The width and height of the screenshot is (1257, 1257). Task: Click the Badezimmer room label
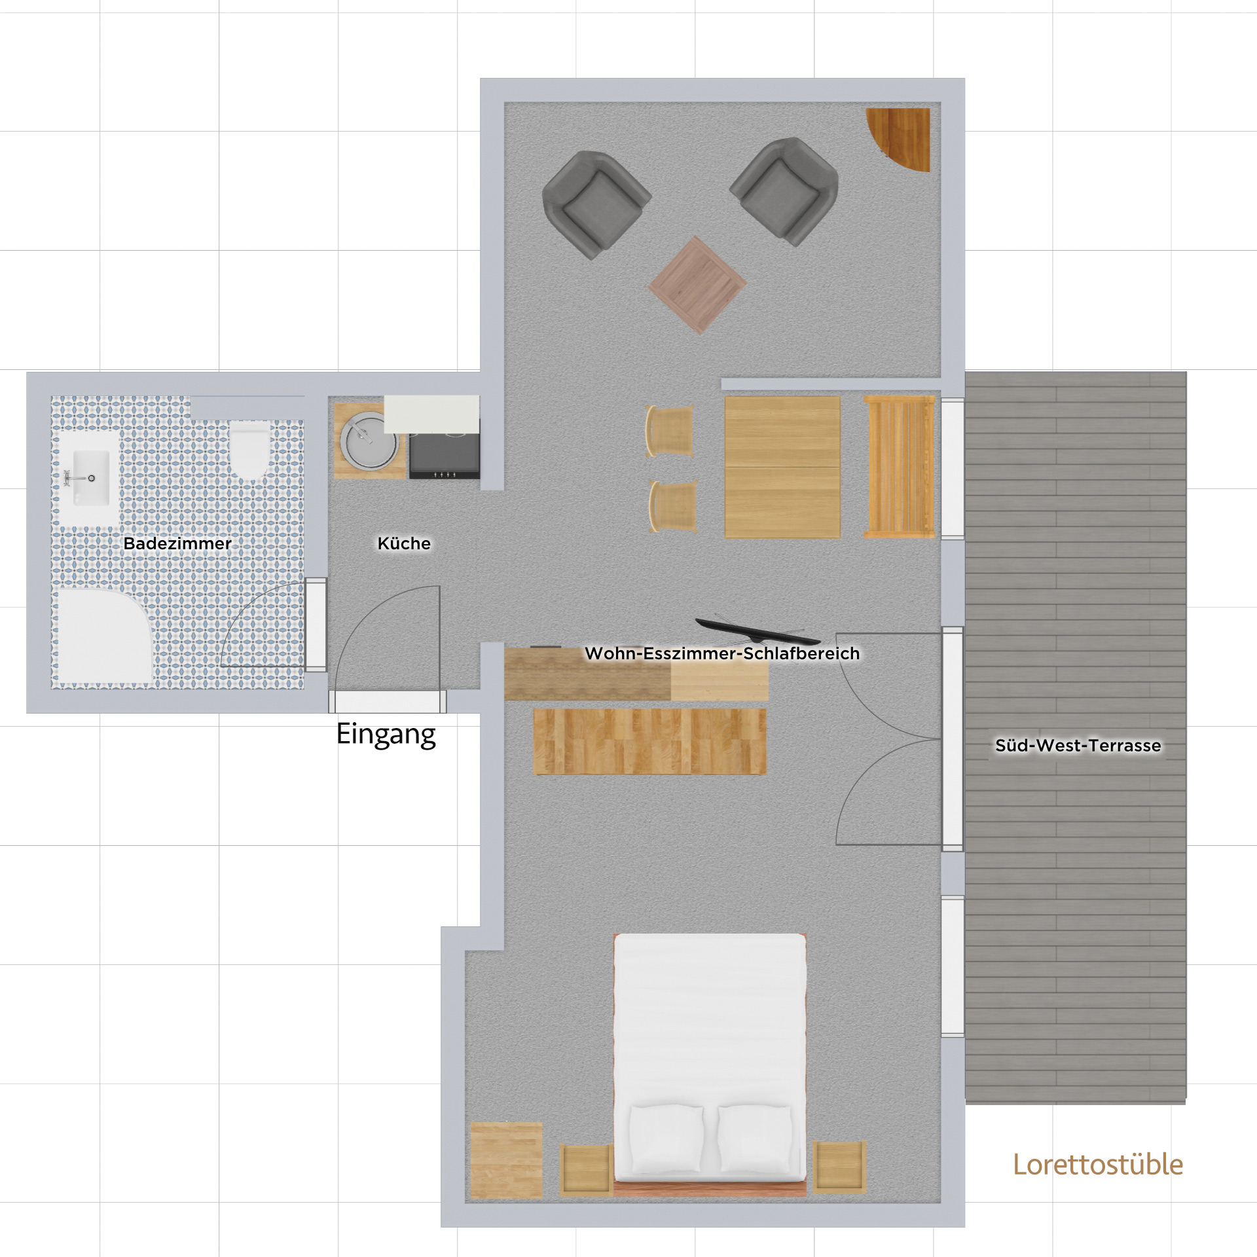[177, 543]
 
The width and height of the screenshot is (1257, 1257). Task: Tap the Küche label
[404, 543]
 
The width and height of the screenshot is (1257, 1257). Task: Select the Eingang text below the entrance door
[386, 735]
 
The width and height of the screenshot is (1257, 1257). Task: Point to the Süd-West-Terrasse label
[1078, 745]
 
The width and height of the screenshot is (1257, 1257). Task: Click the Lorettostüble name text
[1098, 1165]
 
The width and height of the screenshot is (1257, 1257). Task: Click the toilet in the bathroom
[249, 450]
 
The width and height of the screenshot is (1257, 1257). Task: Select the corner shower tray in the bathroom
[101, 636]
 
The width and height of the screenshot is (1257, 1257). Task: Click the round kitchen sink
[368, 441]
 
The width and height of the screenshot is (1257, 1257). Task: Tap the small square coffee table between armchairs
[697, 285]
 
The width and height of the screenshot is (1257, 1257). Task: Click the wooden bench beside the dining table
[900, 467]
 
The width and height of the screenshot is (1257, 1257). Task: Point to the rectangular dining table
[782, 467]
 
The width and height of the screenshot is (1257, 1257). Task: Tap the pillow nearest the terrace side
[756, 1139]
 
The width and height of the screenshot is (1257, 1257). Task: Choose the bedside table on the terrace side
[839, 1167]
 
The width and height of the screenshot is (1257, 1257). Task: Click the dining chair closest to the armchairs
[670, 431]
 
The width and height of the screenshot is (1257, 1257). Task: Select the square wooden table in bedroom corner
[507, 1160]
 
